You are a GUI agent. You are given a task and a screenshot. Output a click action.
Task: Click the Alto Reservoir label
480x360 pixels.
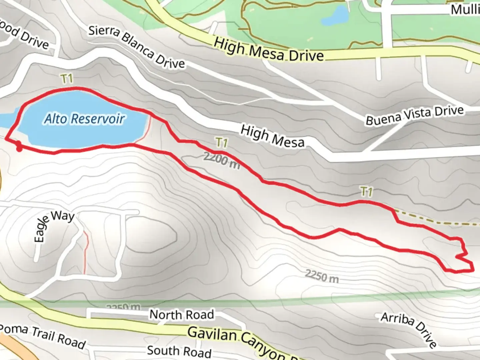point(85,119)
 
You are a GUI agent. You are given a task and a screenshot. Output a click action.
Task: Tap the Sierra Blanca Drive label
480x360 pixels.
point(136,47)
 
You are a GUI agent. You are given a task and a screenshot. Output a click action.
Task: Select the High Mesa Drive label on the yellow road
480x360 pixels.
point(269,50)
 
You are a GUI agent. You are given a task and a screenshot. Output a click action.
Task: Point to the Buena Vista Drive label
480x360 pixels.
point(415,115)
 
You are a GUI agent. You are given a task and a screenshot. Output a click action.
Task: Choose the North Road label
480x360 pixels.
point(181,314)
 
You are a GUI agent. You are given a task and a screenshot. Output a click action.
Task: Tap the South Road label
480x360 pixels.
point(179,351)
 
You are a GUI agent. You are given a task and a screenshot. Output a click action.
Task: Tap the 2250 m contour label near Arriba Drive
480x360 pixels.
point(322,276)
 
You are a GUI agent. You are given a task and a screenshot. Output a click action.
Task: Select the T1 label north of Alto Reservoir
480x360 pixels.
point(67,79)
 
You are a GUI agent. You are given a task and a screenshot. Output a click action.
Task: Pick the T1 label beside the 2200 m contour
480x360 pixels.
point(222,143)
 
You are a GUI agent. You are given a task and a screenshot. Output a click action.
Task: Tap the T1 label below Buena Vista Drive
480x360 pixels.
point(366,191)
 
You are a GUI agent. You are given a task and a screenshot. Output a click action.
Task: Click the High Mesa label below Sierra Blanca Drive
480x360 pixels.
point(272,136)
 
